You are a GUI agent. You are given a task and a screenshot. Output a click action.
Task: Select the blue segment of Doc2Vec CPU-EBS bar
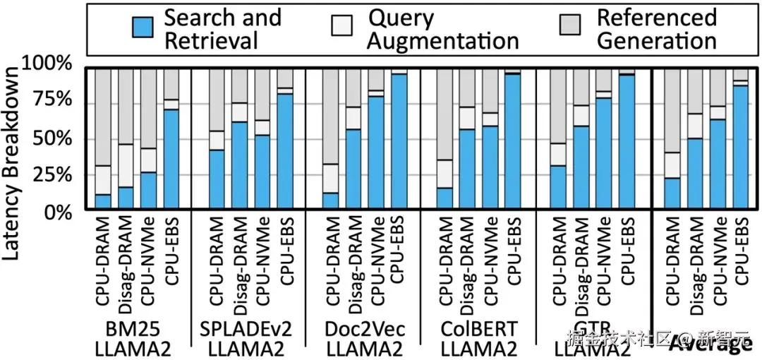coord(399,141)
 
